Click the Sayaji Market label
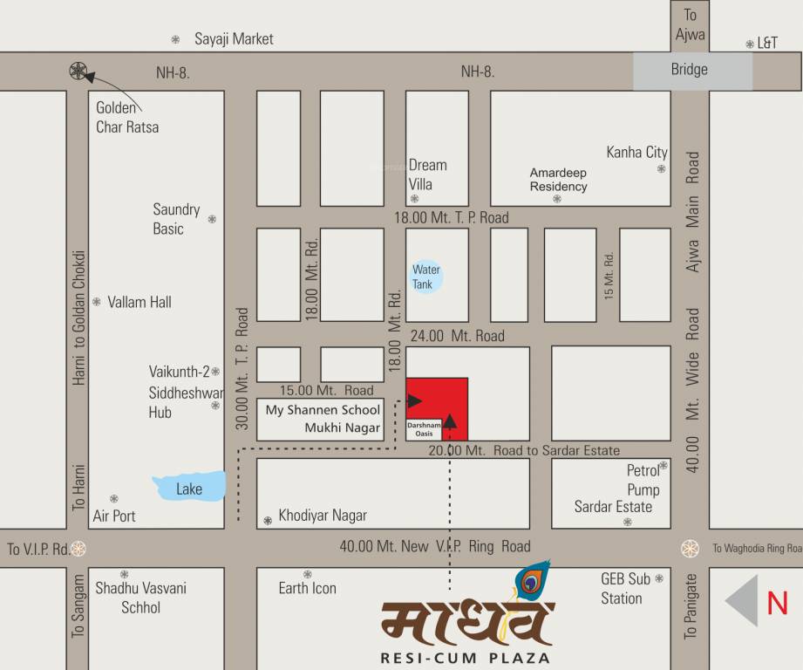234,39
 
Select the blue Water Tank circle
426,277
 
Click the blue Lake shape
189,487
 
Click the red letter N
777,603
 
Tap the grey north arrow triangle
743,601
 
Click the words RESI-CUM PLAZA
466,657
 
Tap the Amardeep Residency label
559,180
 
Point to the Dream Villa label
427,174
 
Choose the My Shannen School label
323,410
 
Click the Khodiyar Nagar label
323,516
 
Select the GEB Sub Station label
625,588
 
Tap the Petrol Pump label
643,480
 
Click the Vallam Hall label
140,303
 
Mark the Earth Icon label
307,588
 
